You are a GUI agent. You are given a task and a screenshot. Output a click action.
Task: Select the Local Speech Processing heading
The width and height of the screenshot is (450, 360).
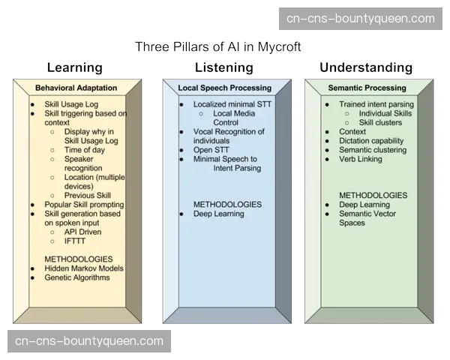[224, 88]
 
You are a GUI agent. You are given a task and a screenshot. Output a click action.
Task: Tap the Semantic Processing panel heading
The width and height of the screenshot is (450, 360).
[366, 88]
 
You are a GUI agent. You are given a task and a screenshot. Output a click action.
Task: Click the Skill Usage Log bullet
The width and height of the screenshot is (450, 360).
[82, 104]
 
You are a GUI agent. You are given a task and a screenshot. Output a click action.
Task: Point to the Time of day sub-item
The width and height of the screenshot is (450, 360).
[84, 150]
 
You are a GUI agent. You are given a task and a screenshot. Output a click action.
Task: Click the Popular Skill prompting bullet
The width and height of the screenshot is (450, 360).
[84, 205]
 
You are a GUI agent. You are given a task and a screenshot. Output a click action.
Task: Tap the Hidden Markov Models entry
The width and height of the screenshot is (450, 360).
[84, 268]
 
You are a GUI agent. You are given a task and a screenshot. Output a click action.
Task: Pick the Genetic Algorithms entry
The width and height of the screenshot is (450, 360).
[77, 277]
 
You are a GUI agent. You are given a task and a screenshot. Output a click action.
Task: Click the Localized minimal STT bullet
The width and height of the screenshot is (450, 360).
[232, 104]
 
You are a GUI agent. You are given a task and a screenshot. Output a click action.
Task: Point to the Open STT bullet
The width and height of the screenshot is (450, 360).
[211, 150]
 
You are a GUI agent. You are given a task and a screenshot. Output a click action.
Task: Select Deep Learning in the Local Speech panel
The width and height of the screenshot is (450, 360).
[219, 214]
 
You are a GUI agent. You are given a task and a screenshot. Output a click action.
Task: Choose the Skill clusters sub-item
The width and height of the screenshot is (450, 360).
[381, 122]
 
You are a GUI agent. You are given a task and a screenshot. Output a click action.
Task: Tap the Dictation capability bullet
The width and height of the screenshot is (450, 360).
[371, 141]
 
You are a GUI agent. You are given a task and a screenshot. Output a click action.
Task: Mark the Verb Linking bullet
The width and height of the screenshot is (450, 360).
[360, 159]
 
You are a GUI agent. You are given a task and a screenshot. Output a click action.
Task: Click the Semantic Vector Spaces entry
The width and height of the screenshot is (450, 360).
[368, 218]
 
